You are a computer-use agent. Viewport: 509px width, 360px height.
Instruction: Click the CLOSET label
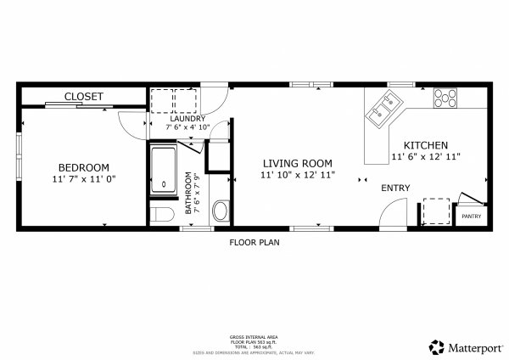[83, 97]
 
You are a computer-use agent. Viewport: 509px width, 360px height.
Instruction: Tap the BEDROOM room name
[84, 167]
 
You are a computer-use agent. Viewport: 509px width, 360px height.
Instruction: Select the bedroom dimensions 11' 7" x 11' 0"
[83, 180]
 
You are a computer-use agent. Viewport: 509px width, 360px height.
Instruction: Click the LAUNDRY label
[187, 118]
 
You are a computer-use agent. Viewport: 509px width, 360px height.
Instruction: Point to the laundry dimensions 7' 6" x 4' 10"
[187, 127]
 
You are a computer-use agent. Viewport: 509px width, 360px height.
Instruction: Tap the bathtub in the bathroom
[163, 168]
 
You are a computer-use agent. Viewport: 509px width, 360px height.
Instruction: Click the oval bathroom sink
[220, 210]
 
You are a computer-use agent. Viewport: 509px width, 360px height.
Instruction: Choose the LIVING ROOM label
[297, 163]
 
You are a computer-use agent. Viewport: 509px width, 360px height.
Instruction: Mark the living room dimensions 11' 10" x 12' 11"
[297, 175]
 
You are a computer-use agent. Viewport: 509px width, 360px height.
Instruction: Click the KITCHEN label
[425, 145]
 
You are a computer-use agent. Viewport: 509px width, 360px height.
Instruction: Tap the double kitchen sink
[382, 107]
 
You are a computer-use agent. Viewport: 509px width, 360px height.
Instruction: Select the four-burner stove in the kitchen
[445, 98]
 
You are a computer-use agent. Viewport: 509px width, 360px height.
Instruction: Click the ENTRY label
[395, 188]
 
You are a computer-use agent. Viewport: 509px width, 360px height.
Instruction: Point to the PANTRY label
[472, 217]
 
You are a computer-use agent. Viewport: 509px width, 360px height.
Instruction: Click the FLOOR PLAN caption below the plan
[255, 242]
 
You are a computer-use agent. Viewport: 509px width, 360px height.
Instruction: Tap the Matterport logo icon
[437, 346]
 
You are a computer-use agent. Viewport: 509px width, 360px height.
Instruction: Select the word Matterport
[474, 346]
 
